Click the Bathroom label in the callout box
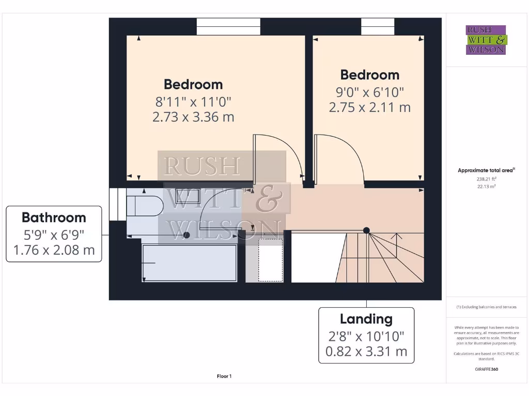pyautogui.click(x=54, y=217)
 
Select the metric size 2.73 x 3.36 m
pyautogui.click(x=193, y=117)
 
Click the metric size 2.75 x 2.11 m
pyautogui.click(x=369, y=107)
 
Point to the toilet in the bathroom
pyautogui.click(x=146, y=206)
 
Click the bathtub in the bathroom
pyautogui.click(x=190, y=263)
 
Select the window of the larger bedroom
pyautogui.click(x=228, y=26)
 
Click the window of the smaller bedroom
pyautogui.click(x=378, y=26)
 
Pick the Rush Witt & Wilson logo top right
pyautogui.click(x=486, y=40)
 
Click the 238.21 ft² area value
pyautogui.click(x=486, y=179)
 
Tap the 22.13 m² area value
pyautogui.click(x=486, y=186)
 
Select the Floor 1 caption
pyautogui.click(x=224, y=376)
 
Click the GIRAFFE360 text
pyautogui.click(x=486, y=369)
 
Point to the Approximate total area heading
pyautogui.click(x=486, y=170)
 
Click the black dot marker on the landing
pyautogui.click(x=366, y=230)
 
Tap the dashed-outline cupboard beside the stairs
pyautogui.click(x=271, y=260)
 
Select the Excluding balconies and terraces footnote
pyautogui.click(x=486, y=307)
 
